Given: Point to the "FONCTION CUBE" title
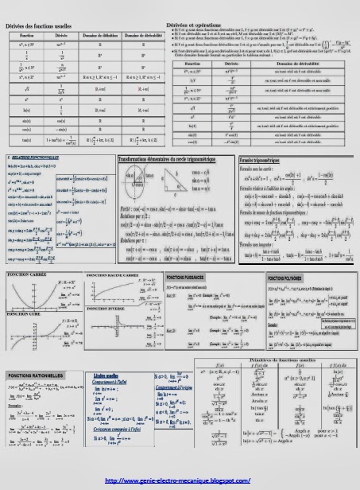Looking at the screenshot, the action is click(26, 313).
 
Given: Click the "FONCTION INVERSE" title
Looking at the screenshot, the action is click(110, 307).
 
